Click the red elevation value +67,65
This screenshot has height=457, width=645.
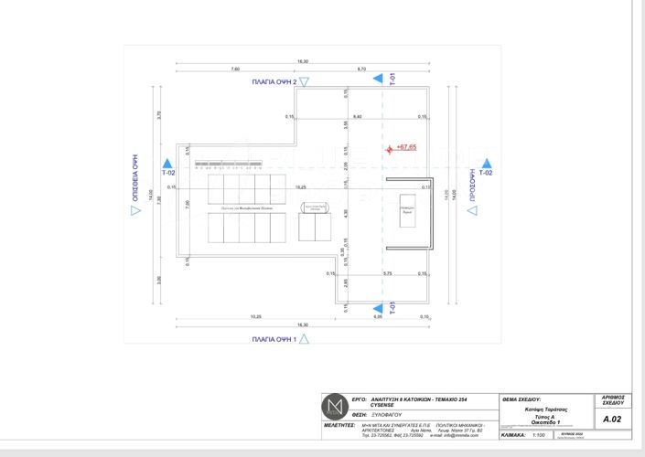pyautogui.click(x=406, y=146)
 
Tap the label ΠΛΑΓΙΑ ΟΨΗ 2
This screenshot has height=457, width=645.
pyautogui.click(x=281, y=81)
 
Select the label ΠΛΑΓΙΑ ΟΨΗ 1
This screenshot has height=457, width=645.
pyautogui.click(x=275, y=339)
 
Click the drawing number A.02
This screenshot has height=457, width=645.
pyautogui.click(x=612, y=420)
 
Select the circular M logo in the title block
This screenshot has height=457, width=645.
pyautogui.click(x=334, y=407)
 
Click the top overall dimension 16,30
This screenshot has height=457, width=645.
pyautogui.click(x=302, y=61)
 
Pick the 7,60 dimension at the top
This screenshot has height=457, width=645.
pyautogui.click(x=235, y=69)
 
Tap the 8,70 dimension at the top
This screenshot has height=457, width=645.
pyautogui.click(x=361, y=69)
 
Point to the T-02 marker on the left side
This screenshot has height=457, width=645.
pyautogui.click(x=167, y=172)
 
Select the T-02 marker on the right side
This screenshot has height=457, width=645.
pyautogui.click(x=485, y=172)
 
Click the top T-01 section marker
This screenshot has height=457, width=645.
pyautogui.click(x=392, y=80)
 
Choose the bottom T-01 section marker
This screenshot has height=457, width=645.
pyautogui.click(x=392, y=308)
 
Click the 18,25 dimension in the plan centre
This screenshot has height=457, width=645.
pyautogui.click(x=300, y=186)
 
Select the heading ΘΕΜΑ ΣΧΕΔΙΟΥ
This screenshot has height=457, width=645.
pyautogui.click(x=523, y=399)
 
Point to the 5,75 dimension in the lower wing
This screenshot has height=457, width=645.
pyautogui.click(x=387, y=273)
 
